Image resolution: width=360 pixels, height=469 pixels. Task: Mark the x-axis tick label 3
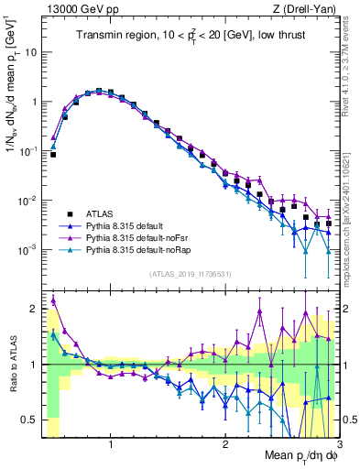(338, 444)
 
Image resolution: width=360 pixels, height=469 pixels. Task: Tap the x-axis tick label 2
(224, 444)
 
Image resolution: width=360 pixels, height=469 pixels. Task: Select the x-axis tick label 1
(111, 444)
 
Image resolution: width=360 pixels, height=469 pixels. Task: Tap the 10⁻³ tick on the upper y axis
(27, 250)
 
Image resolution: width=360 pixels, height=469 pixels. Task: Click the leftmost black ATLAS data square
(53, 155)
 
